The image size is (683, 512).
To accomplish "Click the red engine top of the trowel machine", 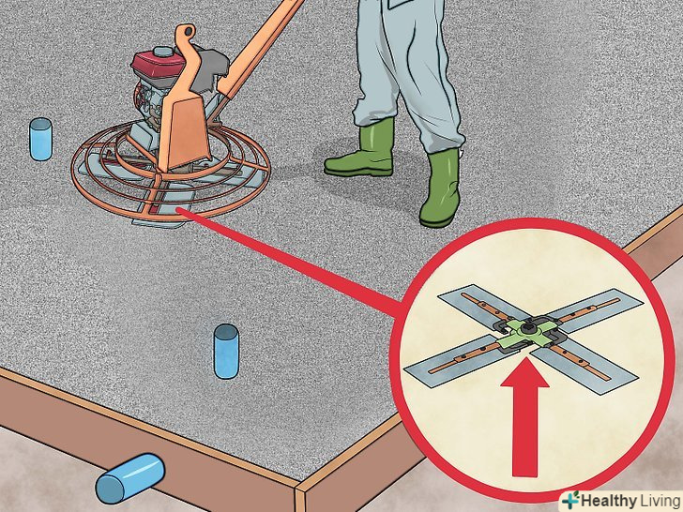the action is [154, 65].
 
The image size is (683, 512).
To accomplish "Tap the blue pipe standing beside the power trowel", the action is [40, 140].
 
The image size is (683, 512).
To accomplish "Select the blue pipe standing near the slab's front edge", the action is [226, 352].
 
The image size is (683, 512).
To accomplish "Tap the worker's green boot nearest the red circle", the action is [441, 188].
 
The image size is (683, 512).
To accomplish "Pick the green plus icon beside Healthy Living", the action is [570, 501].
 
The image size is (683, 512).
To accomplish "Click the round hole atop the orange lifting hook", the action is [188, 32].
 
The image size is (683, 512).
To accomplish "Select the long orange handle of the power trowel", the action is [259, 48].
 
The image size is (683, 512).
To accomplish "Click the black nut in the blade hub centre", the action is [527, 327].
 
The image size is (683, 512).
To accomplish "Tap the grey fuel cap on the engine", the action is [163, 52].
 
